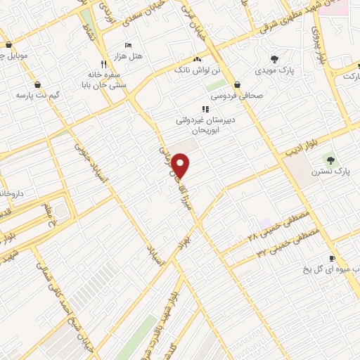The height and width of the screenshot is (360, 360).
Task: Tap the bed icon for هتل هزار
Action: [x=128, y=45]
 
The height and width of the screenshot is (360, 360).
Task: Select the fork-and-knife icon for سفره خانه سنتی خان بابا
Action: [x=103, y=61]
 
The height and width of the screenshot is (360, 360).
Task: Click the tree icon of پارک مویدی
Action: [x=274, y=59]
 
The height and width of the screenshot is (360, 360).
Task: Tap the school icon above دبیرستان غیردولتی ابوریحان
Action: [x=205, y=109]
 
